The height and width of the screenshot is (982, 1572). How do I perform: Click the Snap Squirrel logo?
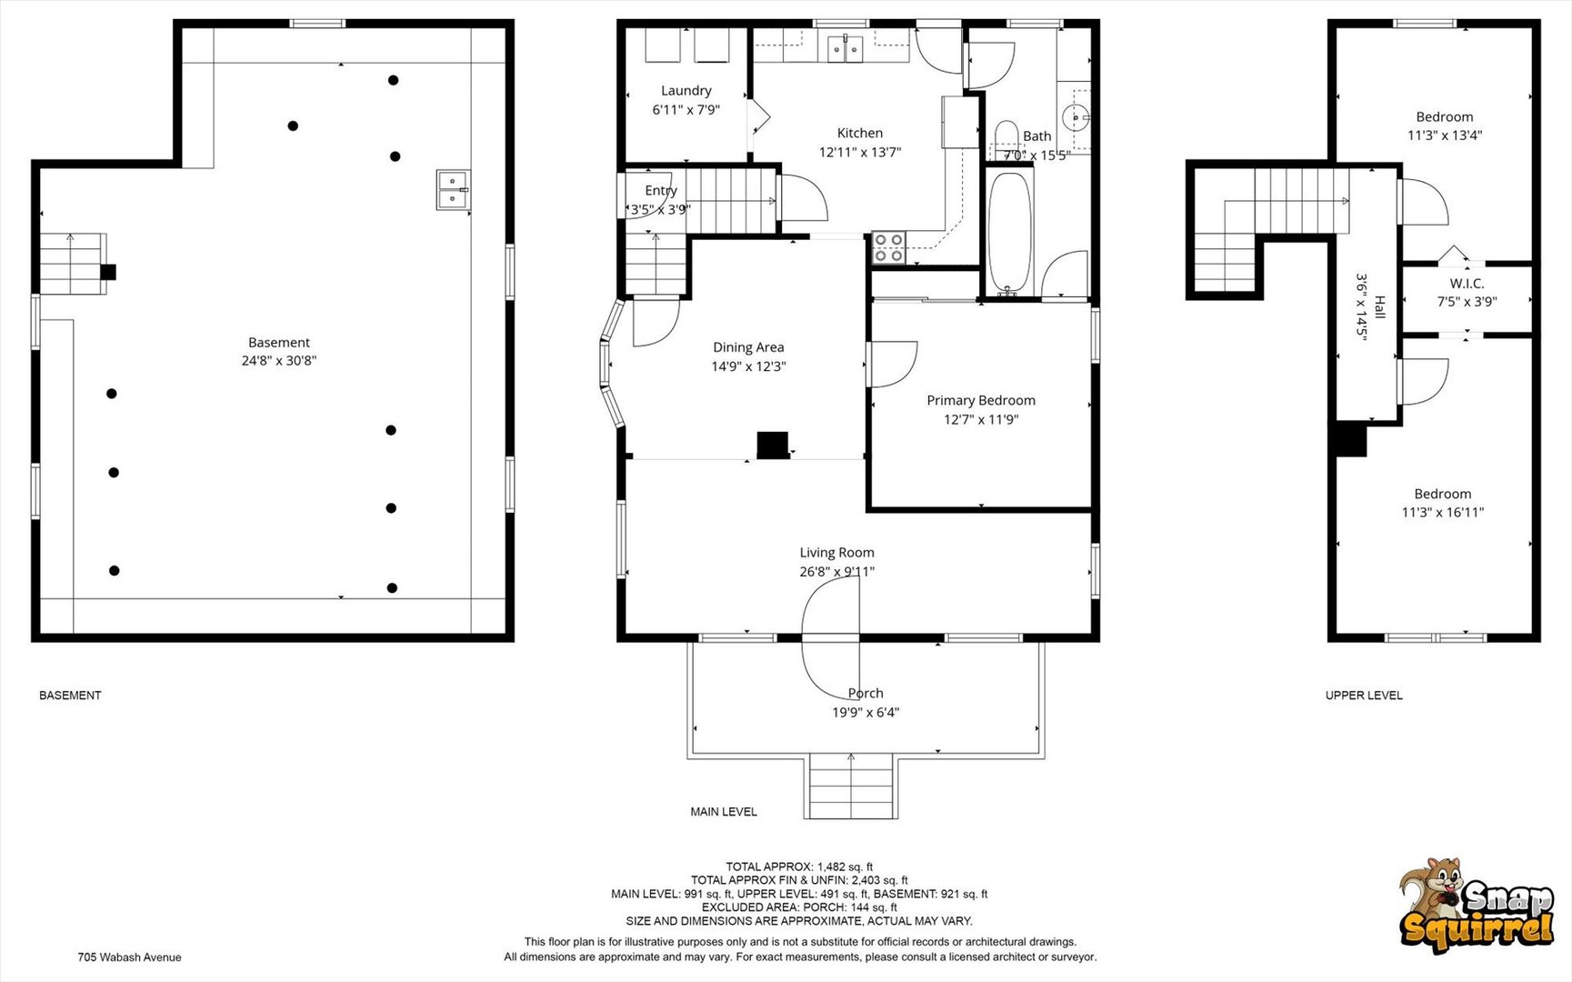pos(1476,906)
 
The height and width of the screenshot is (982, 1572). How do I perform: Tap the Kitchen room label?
pos(860,133)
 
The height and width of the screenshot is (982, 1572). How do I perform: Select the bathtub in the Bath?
pos(1009,232)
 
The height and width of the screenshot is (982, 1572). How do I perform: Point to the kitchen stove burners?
pos(888,247)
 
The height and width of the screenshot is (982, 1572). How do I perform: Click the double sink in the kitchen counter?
pos(846,49)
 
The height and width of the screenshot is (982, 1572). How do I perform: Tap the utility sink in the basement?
pos(452,189)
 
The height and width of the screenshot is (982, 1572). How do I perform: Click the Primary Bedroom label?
pos(981,400)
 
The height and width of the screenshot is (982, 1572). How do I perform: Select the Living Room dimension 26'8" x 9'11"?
pos(836,572)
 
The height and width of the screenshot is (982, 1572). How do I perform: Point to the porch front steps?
pos(852,787)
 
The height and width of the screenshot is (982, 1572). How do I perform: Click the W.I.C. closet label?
pos(1467,284)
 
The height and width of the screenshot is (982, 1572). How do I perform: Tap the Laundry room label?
pos(686,91)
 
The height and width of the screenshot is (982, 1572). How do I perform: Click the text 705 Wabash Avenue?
pos(129,957)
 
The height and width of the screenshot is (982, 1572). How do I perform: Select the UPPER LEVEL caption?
pos(1364,696)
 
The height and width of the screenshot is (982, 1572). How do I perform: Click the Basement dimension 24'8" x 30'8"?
pos(279,361)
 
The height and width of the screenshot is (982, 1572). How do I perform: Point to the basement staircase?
pos(73,264)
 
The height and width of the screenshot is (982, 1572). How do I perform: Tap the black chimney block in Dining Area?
pos(773,445)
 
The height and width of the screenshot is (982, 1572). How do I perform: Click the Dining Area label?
pos(748,347)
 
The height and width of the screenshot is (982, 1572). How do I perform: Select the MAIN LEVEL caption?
pos(724,812)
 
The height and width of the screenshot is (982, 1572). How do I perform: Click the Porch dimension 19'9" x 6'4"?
pos(866,713)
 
